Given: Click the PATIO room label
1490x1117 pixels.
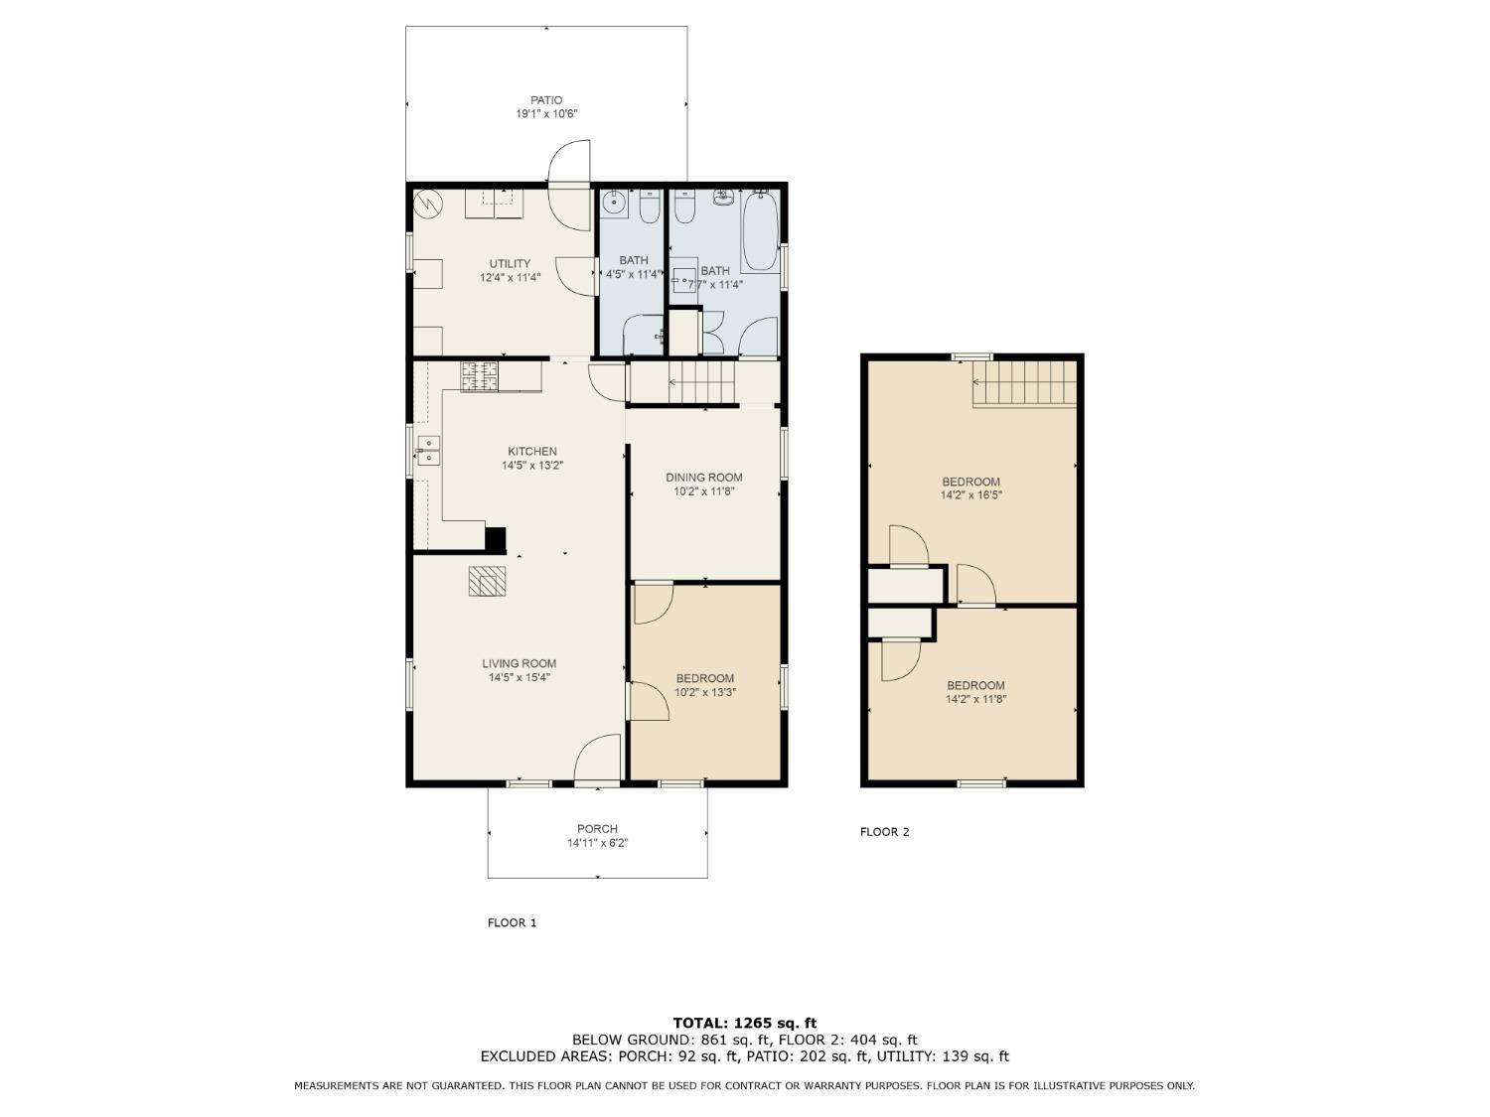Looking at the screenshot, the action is click(545, 100).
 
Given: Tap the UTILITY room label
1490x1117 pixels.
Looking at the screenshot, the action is click(510, 263).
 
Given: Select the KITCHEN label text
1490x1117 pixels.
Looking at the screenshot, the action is click(532, 451).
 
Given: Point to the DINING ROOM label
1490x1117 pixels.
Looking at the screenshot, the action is click(704, 478).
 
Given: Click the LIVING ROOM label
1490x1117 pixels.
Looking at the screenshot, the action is click(520, 663).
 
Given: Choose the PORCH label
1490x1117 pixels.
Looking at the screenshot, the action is click(597, 829).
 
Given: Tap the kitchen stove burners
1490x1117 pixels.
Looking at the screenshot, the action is click(479, 377).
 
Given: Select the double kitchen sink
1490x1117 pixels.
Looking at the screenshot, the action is click(428, 450).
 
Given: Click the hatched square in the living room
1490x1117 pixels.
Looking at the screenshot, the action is click(487, 581).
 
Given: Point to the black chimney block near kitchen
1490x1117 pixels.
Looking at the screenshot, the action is click(496, 540).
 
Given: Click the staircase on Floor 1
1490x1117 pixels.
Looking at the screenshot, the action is click(702, 382).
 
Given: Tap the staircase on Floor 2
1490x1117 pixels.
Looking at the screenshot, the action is click(1024, 383).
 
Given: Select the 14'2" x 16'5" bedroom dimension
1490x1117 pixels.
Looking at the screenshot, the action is click(971, 495).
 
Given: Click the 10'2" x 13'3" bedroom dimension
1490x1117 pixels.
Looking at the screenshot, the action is click(705, 692).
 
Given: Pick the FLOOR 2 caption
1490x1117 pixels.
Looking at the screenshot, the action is click(884, 832).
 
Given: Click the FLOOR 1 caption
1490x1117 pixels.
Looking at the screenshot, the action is click(512, 923).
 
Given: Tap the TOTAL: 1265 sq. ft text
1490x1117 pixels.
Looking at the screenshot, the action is click(745, 1023).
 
